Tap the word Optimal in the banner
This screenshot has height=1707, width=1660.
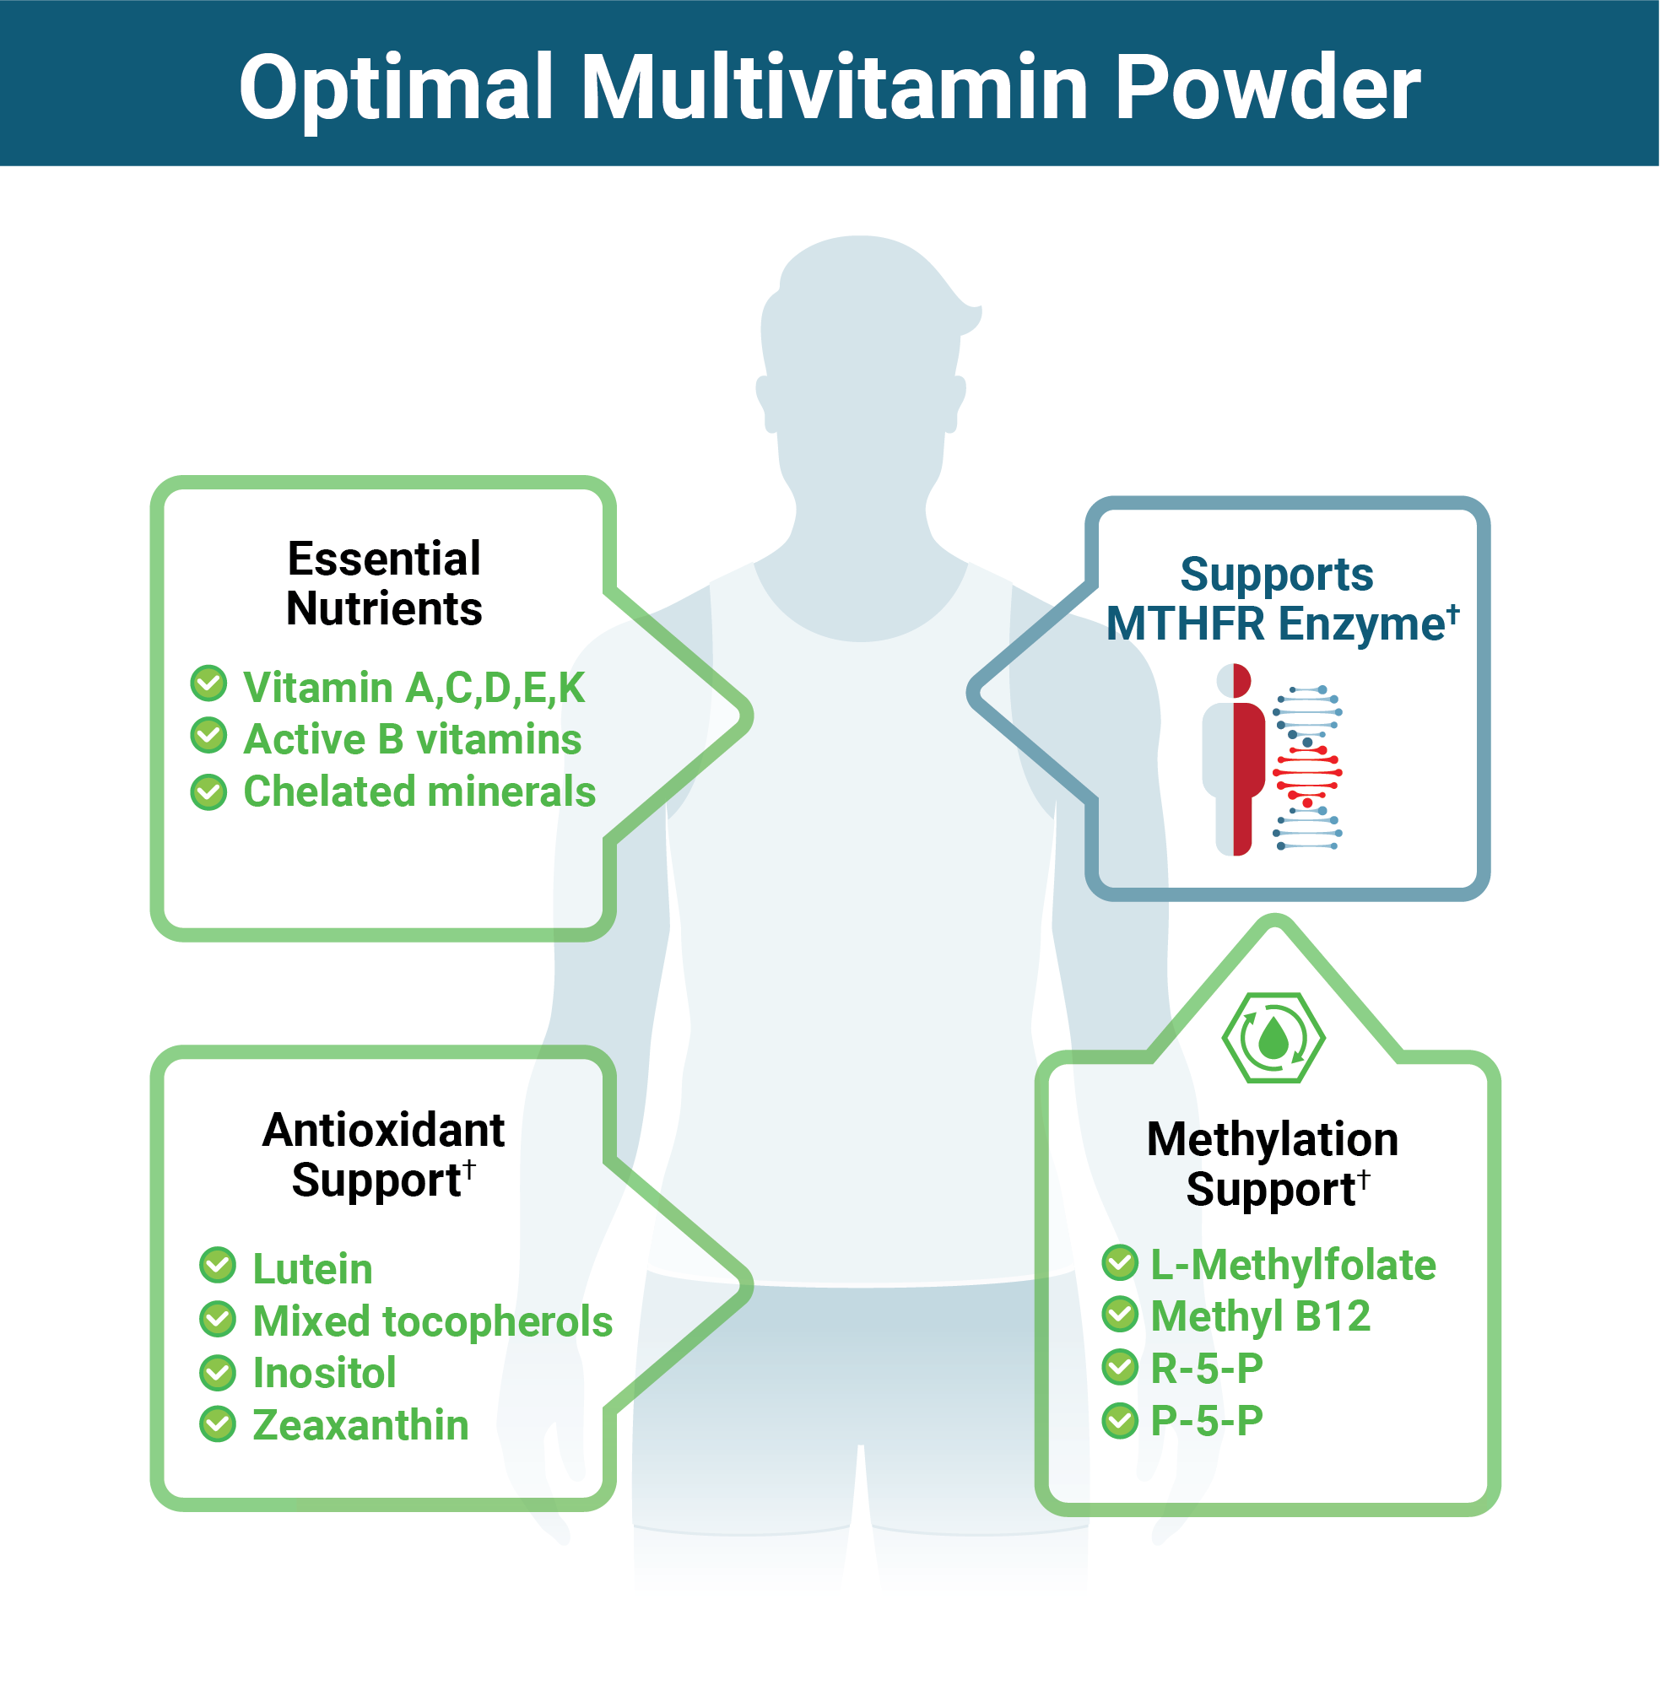(397, 87)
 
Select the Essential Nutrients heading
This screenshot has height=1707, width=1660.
(384, 583)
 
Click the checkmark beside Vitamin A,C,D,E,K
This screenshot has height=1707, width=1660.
(208, 683)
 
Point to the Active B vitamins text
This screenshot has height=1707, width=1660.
(413, 739)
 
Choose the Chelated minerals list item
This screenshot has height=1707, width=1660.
(419, 791)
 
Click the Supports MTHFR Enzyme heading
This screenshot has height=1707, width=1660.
(1280, 599)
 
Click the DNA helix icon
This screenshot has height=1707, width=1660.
(1307, 767)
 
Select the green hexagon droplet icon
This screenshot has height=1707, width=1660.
(1273, 1038)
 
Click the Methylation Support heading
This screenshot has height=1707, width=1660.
(1273, 1164)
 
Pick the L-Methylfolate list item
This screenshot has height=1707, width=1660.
(1293, 1265)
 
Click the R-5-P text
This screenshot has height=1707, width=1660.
(1207, 1368)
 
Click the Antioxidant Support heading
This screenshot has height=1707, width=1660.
(384, 1154)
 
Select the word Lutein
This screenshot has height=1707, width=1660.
(312, 1268)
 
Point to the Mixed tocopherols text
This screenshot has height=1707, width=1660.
(432, 1321)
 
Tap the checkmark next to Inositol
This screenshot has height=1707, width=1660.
(217, 1372)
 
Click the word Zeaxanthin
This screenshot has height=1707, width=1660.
(360, 1425)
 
